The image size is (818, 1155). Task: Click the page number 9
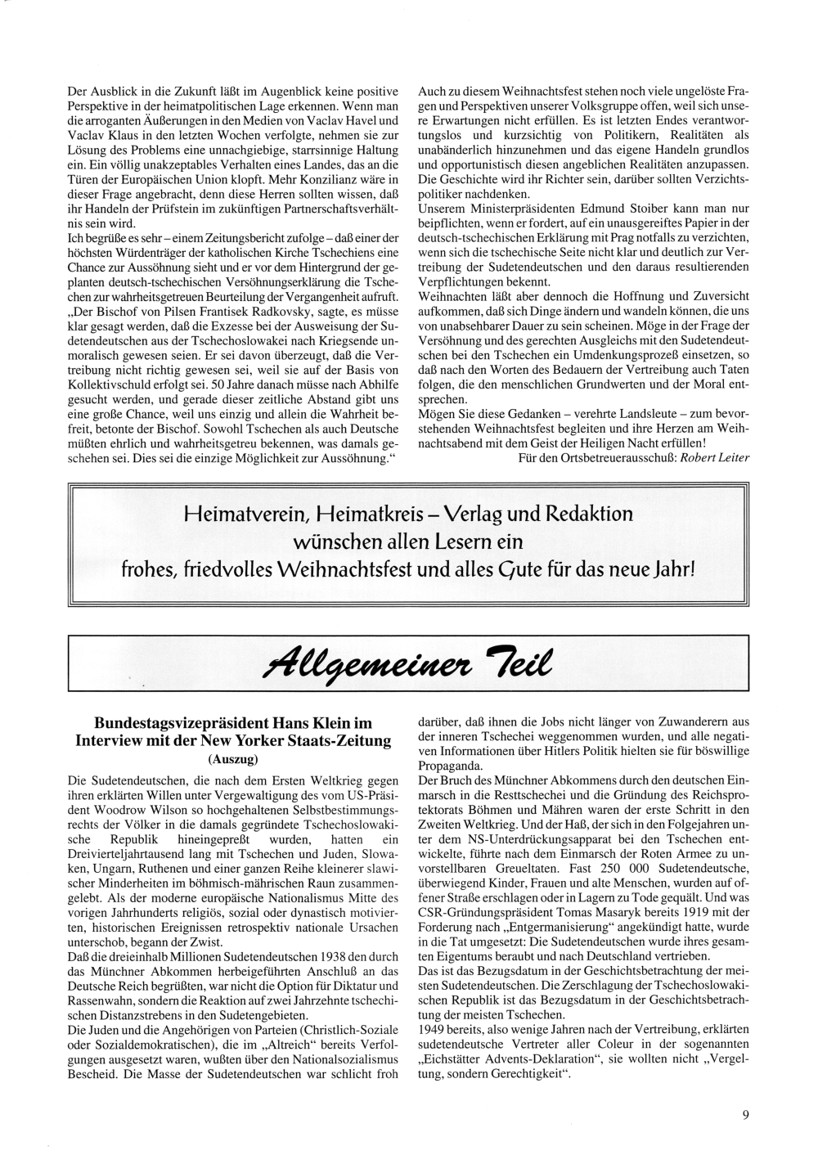pyautogui.click(x=746, y=1112)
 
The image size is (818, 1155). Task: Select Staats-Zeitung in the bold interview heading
pyautogui.click(x=344, y=742)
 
